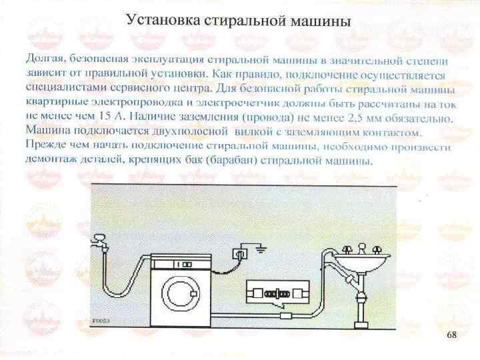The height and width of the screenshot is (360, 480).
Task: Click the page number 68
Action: pos(453,334)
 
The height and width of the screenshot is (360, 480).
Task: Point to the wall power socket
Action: pos(239,254)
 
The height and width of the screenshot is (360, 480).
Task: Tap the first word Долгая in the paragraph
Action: pos(43,53)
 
